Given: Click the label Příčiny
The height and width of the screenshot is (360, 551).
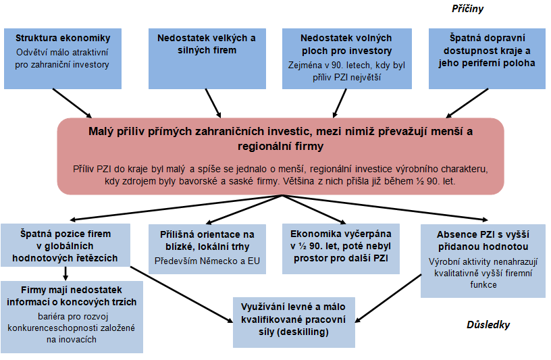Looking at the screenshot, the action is (467, 9).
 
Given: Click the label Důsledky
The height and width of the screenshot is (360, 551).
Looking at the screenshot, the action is (488, 324).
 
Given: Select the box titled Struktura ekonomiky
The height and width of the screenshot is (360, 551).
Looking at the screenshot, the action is (63, 59).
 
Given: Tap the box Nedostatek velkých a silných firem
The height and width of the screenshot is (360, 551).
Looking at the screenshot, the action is (207, 59).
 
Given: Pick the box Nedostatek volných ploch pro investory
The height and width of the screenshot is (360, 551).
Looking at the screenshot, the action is (347, 59).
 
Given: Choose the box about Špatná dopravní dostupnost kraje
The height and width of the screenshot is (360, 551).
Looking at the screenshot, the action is (487, 59).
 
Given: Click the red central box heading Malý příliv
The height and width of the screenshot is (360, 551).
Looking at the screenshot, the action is (280, 156).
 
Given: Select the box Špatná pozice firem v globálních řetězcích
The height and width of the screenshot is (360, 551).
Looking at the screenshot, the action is (65, 245).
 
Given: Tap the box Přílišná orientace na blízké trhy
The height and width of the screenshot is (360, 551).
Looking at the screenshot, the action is (207, 249).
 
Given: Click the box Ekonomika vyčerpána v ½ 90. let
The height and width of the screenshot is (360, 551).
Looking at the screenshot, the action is (341, 249).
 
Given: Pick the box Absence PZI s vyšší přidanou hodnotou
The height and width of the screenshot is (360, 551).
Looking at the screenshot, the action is (483, 261).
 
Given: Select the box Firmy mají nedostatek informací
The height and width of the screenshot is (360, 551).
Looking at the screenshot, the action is (72, 317).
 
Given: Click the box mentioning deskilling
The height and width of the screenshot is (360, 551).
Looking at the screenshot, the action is (294, 322).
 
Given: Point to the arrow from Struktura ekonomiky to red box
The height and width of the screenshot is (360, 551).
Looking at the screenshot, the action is (72, 103).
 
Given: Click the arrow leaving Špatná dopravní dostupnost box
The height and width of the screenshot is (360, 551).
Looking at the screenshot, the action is (467, 103).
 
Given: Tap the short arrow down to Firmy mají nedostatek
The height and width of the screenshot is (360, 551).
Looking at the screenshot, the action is (65, 274).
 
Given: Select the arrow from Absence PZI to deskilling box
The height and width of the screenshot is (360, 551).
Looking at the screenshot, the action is (388, 299).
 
